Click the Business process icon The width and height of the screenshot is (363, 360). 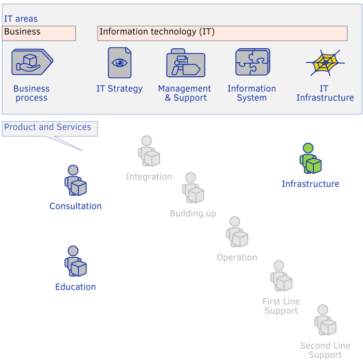coord(32,62)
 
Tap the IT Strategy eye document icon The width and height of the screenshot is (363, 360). coord(119,63)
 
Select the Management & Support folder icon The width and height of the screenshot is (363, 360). coord(185,64)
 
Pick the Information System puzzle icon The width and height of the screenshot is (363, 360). coord(252,62)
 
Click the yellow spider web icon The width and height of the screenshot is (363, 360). coord(325,63)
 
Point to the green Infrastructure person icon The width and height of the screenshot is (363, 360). coord(310,159)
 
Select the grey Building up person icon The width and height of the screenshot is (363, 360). coord(193,188)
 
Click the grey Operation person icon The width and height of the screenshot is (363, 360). coord(237,232)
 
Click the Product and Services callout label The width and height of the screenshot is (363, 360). coord(48,128)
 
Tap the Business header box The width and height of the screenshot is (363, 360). coord(39,33)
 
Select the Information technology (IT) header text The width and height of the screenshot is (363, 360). coord(157,32)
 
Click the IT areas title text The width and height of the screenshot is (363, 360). coord(21,19)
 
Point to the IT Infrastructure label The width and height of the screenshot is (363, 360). coord(325,93)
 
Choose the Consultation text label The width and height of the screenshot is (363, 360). coord(76,206)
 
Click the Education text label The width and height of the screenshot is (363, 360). coord(76,287)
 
